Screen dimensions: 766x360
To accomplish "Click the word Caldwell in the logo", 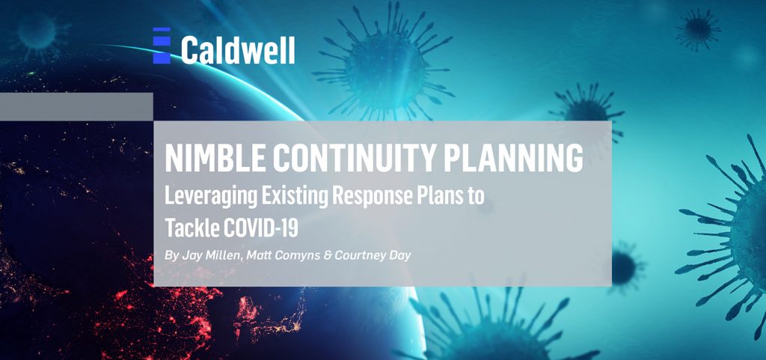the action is click(x=238, y=50).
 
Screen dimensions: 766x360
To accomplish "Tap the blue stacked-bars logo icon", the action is click(x=162, y=46).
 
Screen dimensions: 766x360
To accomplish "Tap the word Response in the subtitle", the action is click(x=373, y=197).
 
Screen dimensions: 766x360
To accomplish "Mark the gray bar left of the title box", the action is click(x=76, y=106).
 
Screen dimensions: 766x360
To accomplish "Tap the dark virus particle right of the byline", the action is click(x=626, y=266).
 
